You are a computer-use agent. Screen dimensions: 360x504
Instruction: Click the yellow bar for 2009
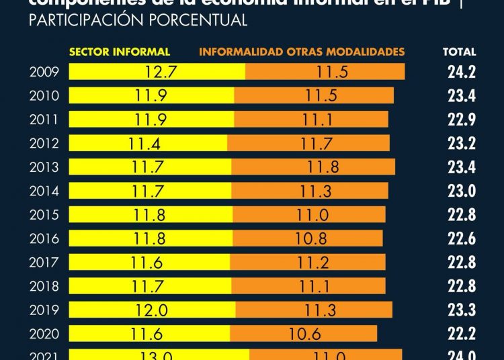[157, 72]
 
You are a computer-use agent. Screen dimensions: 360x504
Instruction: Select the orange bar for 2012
[308, 143]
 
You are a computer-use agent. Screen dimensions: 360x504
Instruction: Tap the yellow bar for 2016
[151, 238]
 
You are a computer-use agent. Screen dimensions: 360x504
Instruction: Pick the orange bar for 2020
[303, 334]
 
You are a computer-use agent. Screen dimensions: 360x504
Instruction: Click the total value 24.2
[462, 72]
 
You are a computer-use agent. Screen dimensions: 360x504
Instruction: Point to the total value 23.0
[462, 191]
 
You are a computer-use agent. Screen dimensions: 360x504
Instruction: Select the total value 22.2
[462, 334]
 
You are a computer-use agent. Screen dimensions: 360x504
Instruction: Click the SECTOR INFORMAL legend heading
[120, 52]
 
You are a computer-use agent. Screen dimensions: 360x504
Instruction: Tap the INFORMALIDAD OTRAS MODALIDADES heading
[302, 52]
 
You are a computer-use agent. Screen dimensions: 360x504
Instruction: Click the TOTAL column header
[460, 52]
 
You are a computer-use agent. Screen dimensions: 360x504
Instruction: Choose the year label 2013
[44, 167]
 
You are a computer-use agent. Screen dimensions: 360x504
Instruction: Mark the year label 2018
[44, 286]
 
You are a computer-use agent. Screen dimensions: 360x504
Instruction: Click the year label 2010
[44, 96]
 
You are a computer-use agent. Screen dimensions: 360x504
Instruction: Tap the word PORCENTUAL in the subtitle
[199, 21]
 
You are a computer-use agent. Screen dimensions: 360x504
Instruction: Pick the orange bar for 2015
[310, 215]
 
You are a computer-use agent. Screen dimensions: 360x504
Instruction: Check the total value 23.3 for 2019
[462, 310]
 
